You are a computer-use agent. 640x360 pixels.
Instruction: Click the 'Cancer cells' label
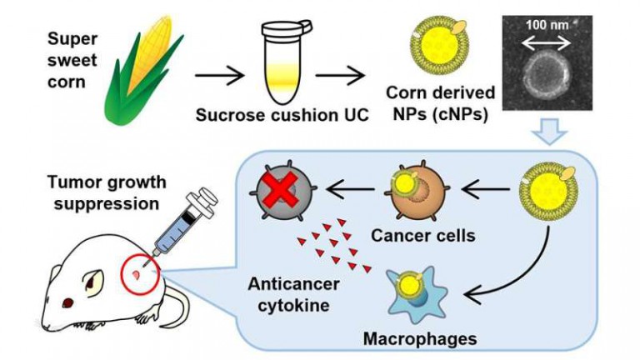point(424,236)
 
